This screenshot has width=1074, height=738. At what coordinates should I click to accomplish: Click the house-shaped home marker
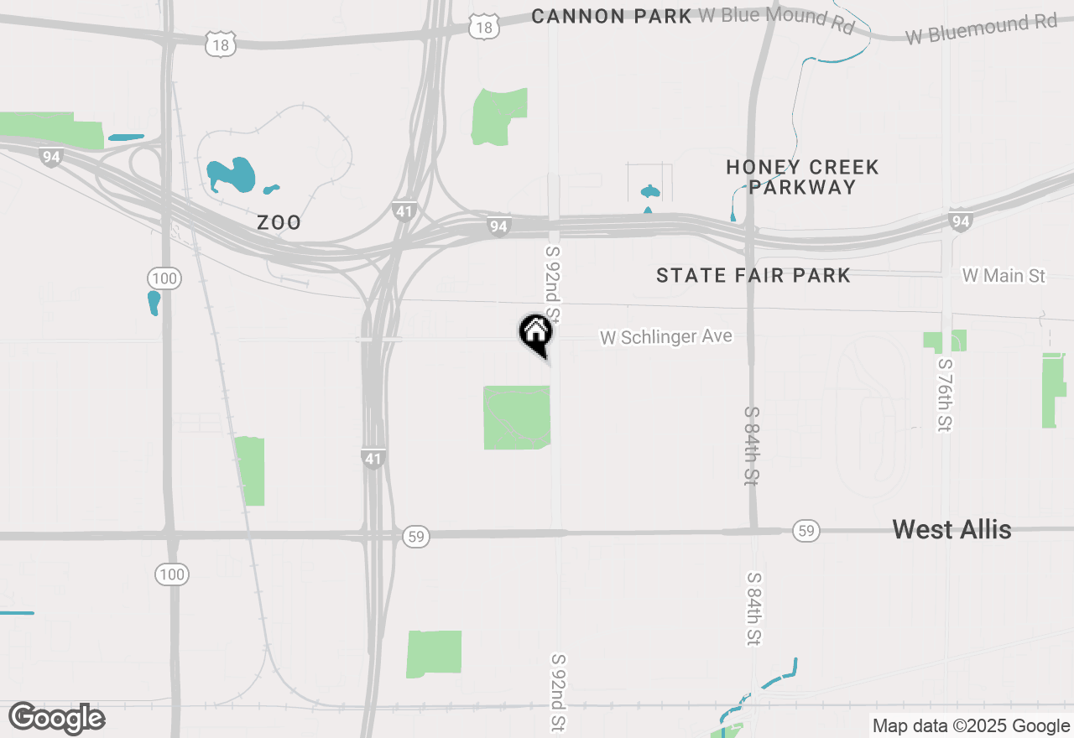coord(535,333)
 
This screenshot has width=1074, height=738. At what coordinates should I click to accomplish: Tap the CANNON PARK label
coord(612,16)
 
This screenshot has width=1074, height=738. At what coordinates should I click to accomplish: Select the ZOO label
coord(279,223)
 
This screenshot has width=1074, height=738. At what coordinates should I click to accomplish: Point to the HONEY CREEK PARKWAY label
coord(802,177)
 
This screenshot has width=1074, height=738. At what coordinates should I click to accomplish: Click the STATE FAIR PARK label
coord(753,275)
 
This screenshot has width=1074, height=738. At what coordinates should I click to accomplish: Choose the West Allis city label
coord(951,529)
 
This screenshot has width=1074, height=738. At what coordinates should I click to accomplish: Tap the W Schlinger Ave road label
coord(665,337)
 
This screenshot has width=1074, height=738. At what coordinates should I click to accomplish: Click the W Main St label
coord(1004,275)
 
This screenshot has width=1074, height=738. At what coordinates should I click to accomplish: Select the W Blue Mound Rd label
coord(776,19)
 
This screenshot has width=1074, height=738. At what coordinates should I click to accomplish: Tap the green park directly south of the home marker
coord(517,417)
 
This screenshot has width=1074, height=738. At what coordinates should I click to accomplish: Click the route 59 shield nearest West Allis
coord(805,531)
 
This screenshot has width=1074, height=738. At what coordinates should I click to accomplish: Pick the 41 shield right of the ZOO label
coord(404,210)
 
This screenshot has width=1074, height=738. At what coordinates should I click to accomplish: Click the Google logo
coord(57,718)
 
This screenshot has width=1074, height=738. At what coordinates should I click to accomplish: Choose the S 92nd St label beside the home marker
coord(553,285)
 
